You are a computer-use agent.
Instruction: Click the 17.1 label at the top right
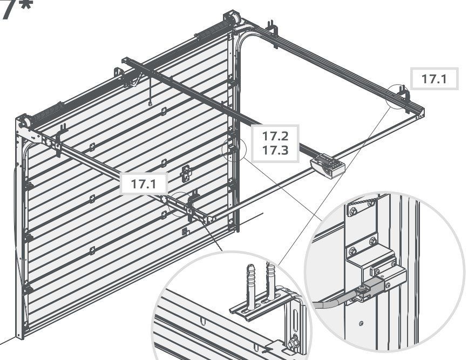pos(434,79)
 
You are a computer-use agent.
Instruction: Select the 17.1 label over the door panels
pos(144,184)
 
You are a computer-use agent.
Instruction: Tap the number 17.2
pos(275,136)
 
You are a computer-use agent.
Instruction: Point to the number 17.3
pos(275,150)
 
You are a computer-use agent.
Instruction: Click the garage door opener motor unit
pos(328,165)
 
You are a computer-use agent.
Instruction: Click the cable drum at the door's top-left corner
pos(23,122)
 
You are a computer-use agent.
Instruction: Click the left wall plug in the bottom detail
pos(250,283)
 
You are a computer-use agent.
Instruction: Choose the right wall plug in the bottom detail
pos(270,281)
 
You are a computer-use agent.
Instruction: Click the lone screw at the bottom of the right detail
pos(361,323)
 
